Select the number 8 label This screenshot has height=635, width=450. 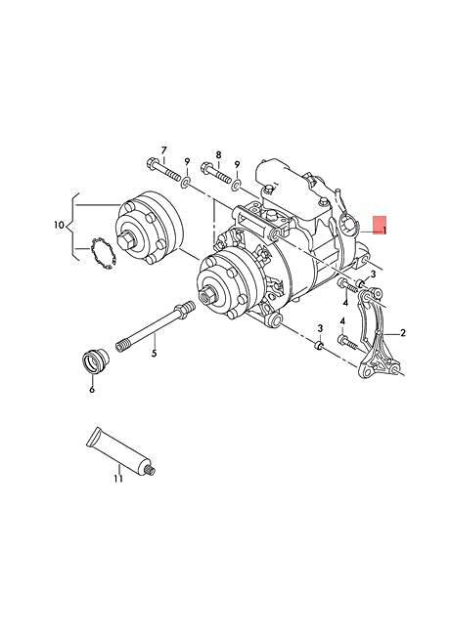click(219, 154)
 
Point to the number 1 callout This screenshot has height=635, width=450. click(385, 231)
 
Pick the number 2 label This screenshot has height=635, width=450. click(403, 333)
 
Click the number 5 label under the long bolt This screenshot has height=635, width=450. click(154, 353)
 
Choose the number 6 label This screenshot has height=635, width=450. click(92, 389)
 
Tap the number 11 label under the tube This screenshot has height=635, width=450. click(118, 479)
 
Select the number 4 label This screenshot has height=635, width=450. click(343, 320)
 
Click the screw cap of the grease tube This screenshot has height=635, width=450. click(150, 472)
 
